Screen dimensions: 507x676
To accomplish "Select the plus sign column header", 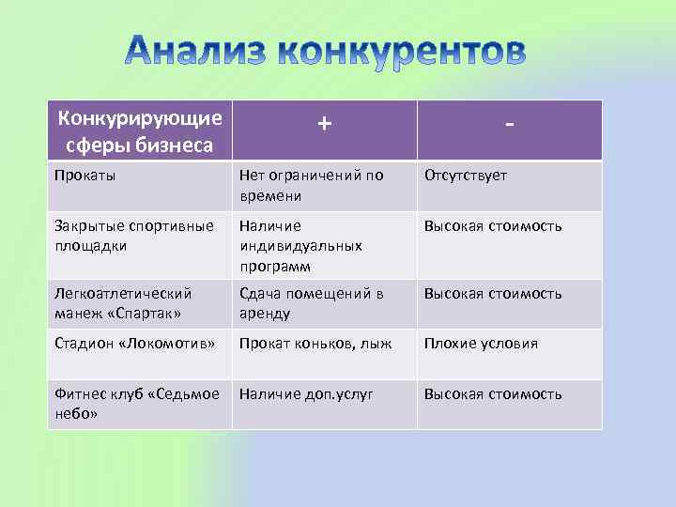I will (324, 123).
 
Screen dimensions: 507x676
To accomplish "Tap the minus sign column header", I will (508, 124).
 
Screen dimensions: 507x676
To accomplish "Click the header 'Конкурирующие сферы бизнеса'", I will (140, 131).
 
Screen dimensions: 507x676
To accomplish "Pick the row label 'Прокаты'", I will (80, 176).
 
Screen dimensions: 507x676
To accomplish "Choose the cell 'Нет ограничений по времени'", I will (311, 185).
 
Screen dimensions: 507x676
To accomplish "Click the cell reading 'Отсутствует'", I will (466, 176).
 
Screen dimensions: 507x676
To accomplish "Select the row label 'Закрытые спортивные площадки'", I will (134, 236).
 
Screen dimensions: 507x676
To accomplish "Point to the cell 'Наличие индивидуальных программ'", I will (300, 245).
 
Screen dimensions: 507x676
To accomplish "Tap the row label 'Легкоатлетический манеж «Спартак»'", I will (123, 303).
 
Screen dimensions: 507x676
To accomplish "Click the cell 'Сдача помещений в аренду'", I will (311, 303).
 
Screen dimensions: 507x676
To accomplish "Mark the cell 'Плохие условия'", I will (481, 344).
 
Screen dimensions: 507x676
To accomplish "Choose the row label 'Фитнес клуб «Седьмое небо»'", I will (137, 404).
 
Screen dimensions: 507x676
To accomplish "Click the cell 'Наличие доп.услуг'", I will (306, 394).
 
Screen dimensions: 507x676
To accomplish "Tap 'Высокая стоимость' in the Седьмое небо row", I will (493, 394).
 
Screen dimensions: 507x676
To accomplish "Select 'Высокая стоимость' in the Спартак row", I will (493, 294).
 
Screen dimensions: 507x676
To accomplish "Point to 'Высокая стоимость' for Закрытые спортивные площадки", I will (493, 226).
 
